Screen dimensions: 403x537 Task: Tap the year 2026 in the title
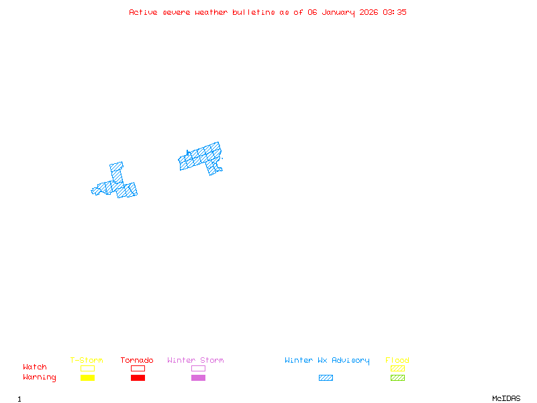369,12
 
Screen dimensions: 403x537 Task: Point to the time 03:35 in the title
395,12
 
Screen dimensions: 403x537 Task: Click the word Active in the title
143,12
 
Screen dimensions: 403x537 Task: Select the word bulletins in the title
253,12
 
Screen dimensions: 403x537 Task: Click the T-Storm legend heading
87,361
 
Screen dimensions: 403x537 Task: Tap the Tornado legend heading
137,361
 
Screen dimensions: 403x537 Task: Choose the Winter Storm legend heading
195,361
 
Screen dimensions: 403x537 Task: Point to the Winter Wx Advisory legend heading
327,361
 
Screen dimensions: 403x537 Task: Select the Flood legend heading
397,361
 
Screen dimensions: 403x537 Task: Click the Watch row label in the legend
35,367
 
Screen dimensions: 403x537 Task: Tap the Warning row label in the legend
40,377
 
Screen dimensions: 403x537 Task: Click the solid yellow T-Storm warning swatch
87,377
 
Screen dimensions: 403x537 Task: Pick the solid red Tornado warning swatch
138,377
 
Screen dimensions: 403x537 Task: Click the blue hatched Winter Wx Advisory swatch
326,377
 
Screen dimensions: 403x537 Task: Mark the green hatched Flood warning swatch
397,377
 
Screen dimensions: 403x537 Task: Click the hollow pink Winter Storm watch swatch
198,368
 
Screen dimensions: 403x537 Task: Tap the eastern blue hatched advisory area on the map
201,157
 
